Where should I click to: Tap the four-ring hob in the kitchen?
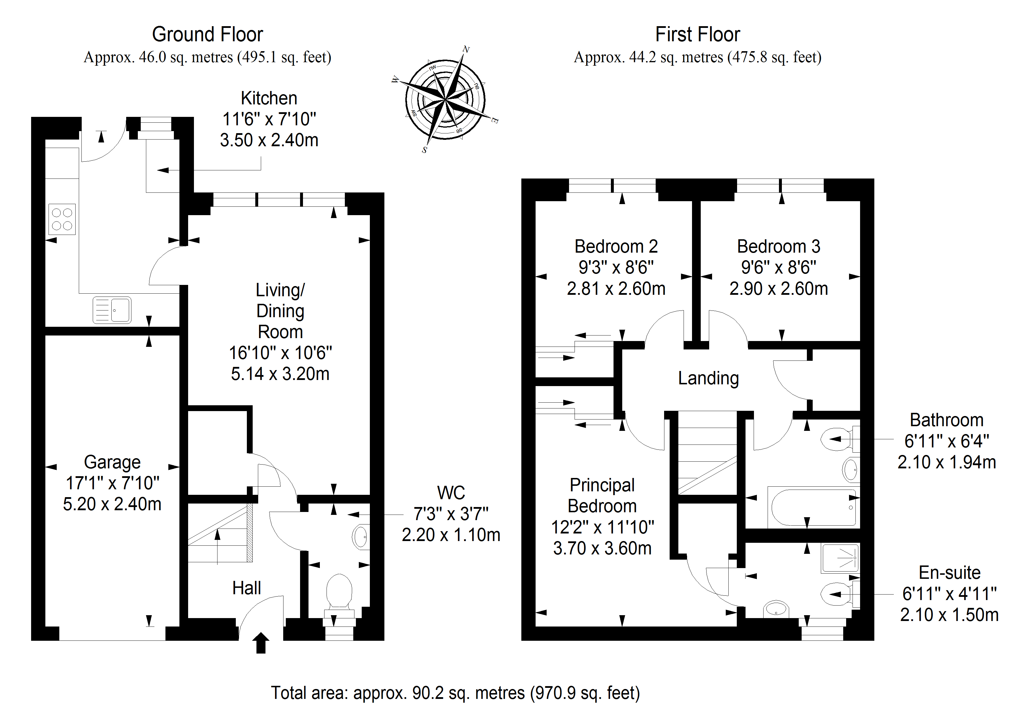click(62, 219)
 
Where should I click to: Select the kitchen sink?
click(112, 310)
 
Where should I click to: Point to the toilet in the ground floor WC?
click(339, 591)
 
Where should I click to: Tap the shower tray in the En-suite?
click(840, 558)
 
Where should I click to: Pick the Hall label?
click(247, 588)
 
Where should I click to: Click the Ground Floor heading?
click(208, 35)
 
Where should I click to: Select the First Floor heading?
click(698, 35)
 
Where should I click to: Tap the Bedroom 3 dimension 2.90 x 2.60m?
click(778, 289)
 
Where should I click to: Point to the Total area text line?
click(455, 693)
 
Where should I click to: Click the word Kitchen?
click(269, 98)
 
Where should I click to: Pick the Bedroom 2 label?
click(616, 247)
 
